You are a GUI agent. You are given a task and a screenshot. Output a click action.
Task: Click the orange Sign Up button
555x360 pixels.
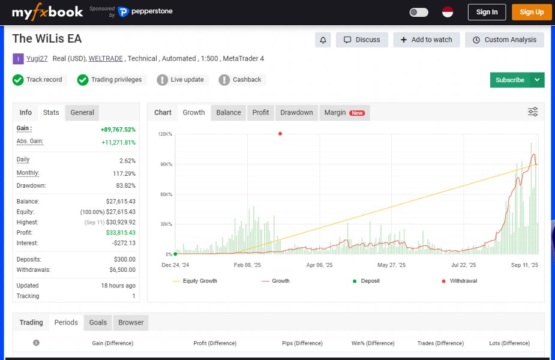pyautogui.click(x=531, y=12)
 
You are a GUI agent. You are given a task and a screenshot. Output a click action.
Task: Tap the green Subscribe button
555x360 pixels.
pyautogui.click(x=509, y=80)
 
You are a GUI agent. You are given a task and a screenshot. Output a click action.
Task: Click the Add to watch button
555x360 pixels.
pyautogui.click(x=426, y=40)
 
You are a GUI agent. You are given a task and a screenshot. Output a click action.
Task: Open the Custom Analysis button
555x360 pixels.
pyautogui.click(x=504, y=40)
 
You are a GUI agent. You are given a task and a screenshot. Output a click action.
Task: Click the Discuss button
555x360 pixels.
pyautogui.click(x=362, y=40)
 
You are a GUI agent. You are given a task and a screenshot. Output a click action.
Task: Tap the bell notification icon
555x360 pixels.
pyautogui.click(x=323, y=40)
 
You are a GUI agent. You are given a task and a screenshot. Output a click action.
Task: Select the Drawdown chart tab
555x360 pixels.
pyautogui.click(x=296, y=112)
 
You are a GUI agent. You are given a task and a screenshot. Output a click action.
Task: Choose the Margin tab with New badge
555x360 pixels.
pyautogui.click(x=344, y=112)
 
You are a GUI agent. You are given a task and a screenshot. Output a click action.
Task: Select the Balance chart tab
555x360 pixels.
pyautogui.click(x=229, y=112)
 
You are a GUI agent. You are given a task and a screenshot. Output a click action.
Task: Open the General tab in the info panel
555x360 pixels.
pyautogui.click(x=82, y=112)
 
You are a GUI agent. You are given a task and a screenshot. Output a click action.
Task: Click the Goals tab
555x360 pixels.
pyautogui.click(x=98, y=322)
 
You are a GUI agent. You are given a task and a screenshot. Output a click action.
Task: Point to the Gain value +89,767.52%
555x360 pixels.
pyautogui.click(x=118, y=129)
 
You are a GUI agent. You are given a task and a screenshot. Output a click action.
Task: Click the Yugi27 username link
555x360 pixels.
pyautogui.click(x=37, y=58)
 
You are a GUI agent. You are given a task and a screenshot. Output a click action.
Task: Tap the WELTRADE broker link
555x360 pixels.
pyautogui.click(x=106, y=58)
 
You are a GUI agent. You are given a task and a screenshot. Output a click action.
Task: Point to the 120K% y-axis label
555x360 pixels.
pyautogui.click(x=165, y=134)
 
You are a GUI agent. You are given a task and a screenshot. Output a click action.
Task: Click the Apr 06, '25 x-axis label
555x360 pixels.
pyautogui.click(x=319, y=265)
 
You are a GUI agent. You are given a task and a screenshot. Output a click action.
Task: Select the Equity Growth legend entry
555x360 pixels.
pyautogui.click(x=199, y=281)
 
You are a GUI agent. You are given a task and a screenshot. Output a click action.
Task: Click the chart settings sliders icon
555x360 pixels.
pyautogui.click(x=533, y=112)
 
